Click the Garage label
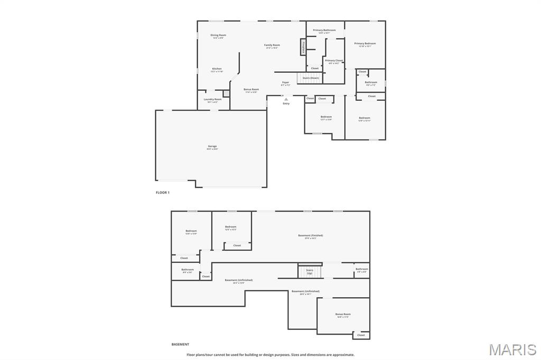coord(212,146)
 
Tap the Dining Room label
coord(218,35)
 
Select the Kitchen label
coord(217,69)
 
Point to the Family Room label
coord(272,45)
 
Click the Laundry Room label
coord(213,99)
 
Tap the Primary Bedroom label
coord(365,44)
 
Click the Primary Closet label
coord(334,61)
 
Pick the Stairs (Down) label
coord(311,78)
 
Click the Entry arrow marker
coord(286,99)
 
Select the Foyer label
coord(285,82)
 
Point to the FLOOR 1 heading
coord(163,193)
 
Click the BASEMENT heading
coord(180,344)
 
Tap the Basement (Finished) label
coord(310,235)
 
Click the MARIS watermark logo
coord(513,349)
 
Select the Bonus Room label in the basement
coord(343,314)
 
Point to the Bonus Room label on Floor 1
coord(251,90)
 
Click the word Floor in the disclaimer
coord(192,355)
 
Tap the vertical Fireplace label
coord(303,47)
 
